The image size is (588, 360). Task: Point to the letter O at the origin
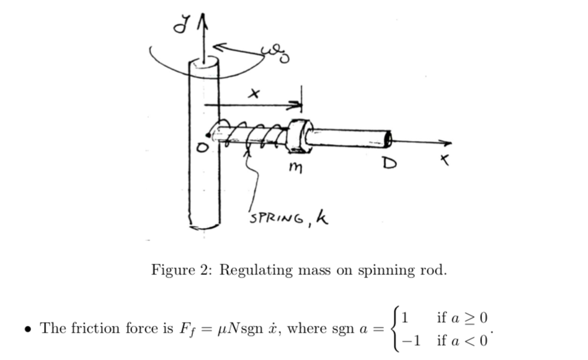click(200, 147)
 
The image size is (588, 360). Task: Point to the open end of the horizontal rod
click(388, 137)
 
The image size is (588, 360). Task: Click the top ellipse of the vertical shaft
click(204, 64)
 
